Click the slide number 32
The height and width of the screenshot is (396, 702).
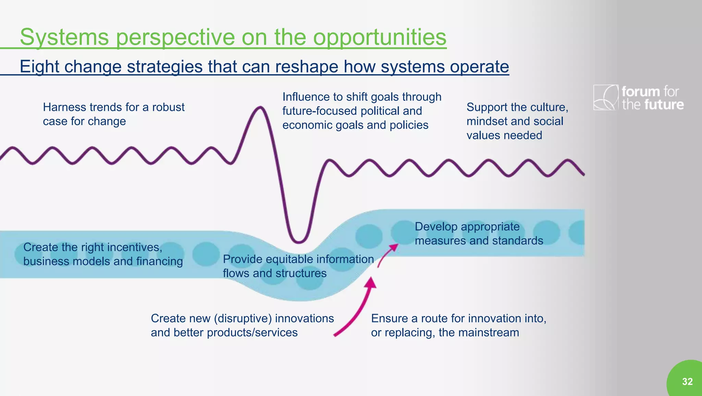[687, 382]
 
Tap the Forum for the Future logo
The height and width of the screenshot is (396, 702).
[638, 98]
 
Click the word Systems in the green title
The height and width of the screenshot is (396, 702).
[64, 37]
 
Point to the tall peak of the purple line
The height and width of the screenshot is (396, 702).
[260, 108]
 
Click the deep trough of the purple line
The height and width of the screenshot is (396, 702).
[298, 241]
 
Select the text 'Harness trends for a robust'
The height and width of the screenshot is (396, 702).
[113, 107]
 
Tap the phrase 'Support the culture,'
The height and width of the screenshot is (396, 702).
[517, 107]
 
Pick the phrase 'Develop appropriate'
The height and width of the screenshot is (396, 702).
[467, 227]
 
